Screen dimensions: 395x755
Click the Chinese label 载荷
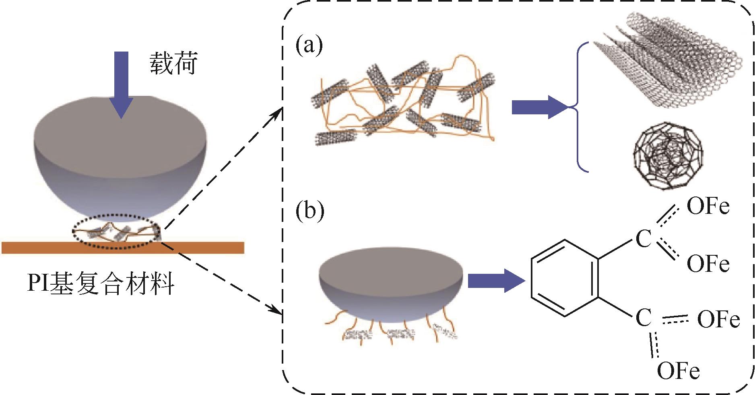pyautogui.click(x=174, y=63)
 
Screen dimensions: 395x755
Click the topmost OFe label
pyautogui.click(x=708, y=207)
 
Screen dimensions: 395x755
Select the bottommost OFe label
pyautogui.click(x=678, y=371)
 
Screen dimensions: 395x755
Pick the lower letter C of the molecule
pyautogui.click(x=644, y=318)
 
